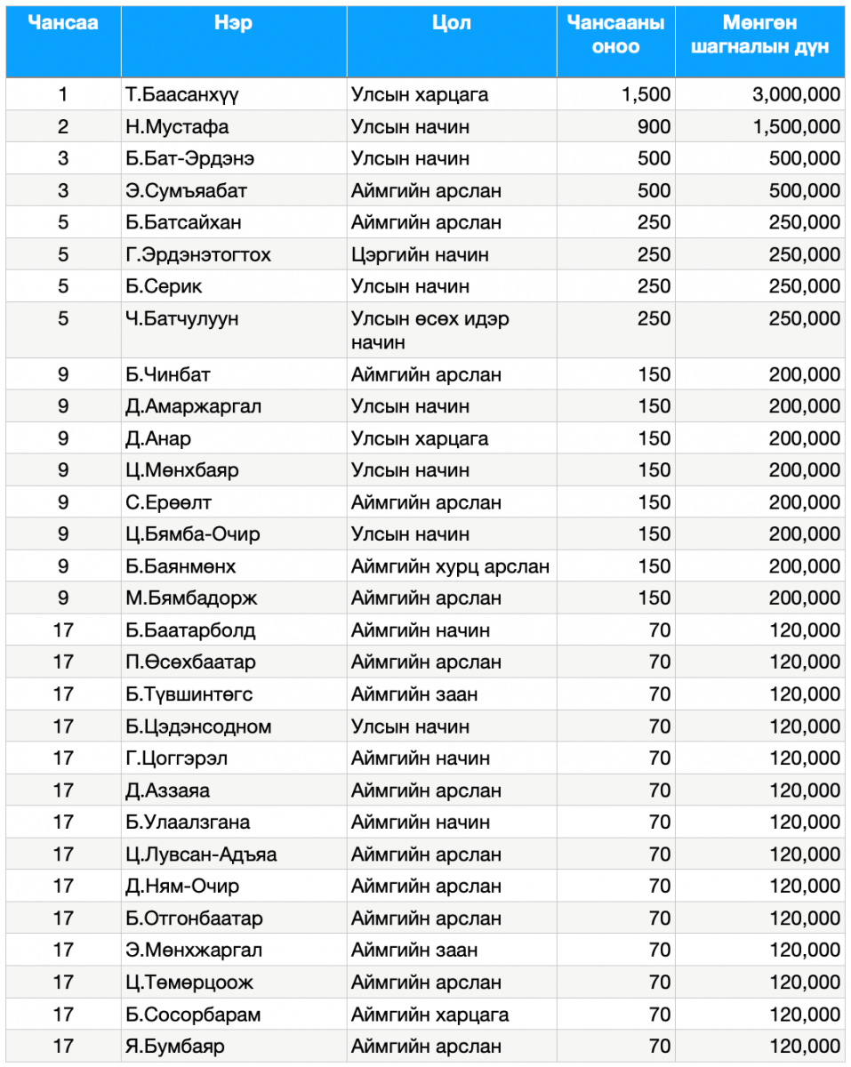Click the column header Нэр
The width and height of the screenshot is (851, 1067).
[x=233, y=24]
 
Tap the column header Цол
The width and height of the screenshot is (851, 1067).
[x=451, y=24]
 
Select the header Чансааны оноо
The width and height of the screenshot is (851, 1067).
[x=615, y=35]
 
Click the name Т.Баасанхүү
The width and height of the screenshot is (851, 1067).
[x=182, y=95]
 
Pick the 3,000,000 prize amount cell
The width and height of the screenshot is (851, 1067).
[x=796, y=95]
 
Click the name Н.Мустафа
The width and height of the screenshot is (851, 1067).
[x=177, y=127]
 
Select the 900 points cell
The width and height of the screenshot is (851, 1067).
[x=654, y=127]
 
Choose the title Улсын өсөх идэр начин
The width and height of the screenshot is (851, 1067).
[x=430, y=330]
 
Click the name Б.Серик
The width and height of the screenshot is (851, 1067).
[x=164, y=287]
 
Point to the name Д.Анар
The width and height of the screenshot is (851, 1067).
[x=158, y=438]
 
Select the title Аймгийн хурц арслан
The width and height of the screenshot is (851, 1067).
[x=450, y=566]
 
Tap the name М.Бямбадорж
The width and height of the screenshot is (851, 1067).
[x=191, y=598]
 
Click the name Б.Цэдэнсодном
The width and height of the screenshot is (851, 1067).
[x=198, y=726]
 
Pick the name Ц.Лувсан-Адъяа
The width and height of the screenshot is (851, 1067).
[x=201, y=854]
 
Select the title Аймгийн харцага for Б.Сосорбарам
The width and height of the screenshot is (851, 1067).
[x=430, y=1015]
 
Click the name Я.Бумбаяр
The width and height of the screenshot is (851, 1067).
[x=175, y=1047]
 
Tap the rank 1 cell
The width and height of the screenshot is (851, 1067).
[x=63, y=95]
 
